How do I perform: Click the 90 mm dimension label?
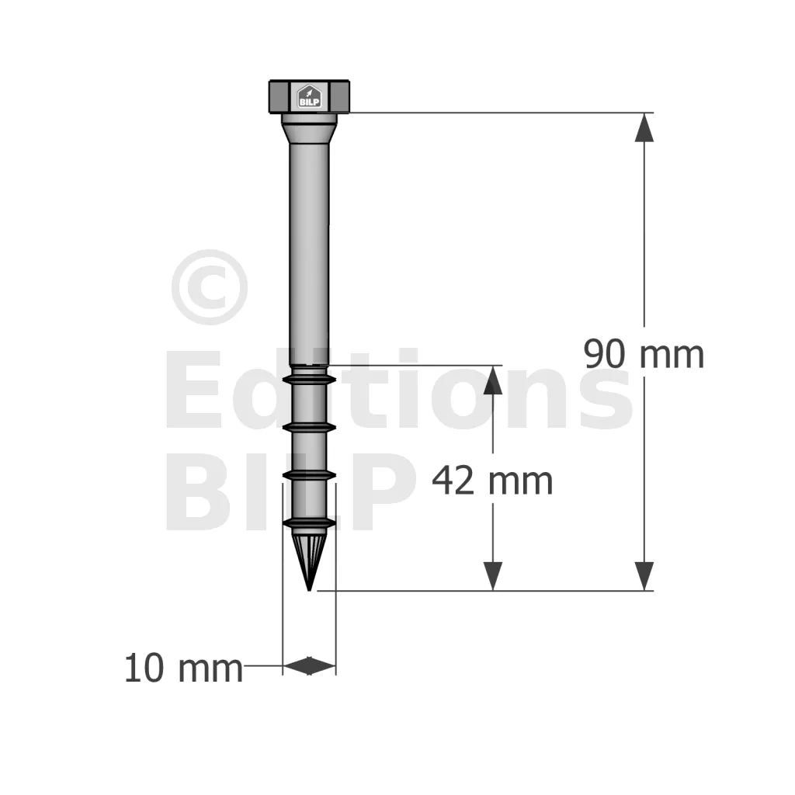644,354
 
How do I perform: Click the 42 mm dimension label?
492,481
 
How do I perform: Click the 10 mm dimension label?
183,668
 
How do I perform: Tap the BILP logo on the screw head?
309,96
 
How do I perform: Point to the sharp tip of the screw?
309,590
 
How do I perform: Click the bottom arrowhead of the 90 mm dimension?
644,576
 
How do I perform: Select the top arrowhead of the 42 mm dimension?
493,380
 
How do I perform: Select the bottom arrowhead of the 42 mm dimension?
493,576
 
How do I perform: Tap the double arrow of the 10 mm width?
309,665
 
